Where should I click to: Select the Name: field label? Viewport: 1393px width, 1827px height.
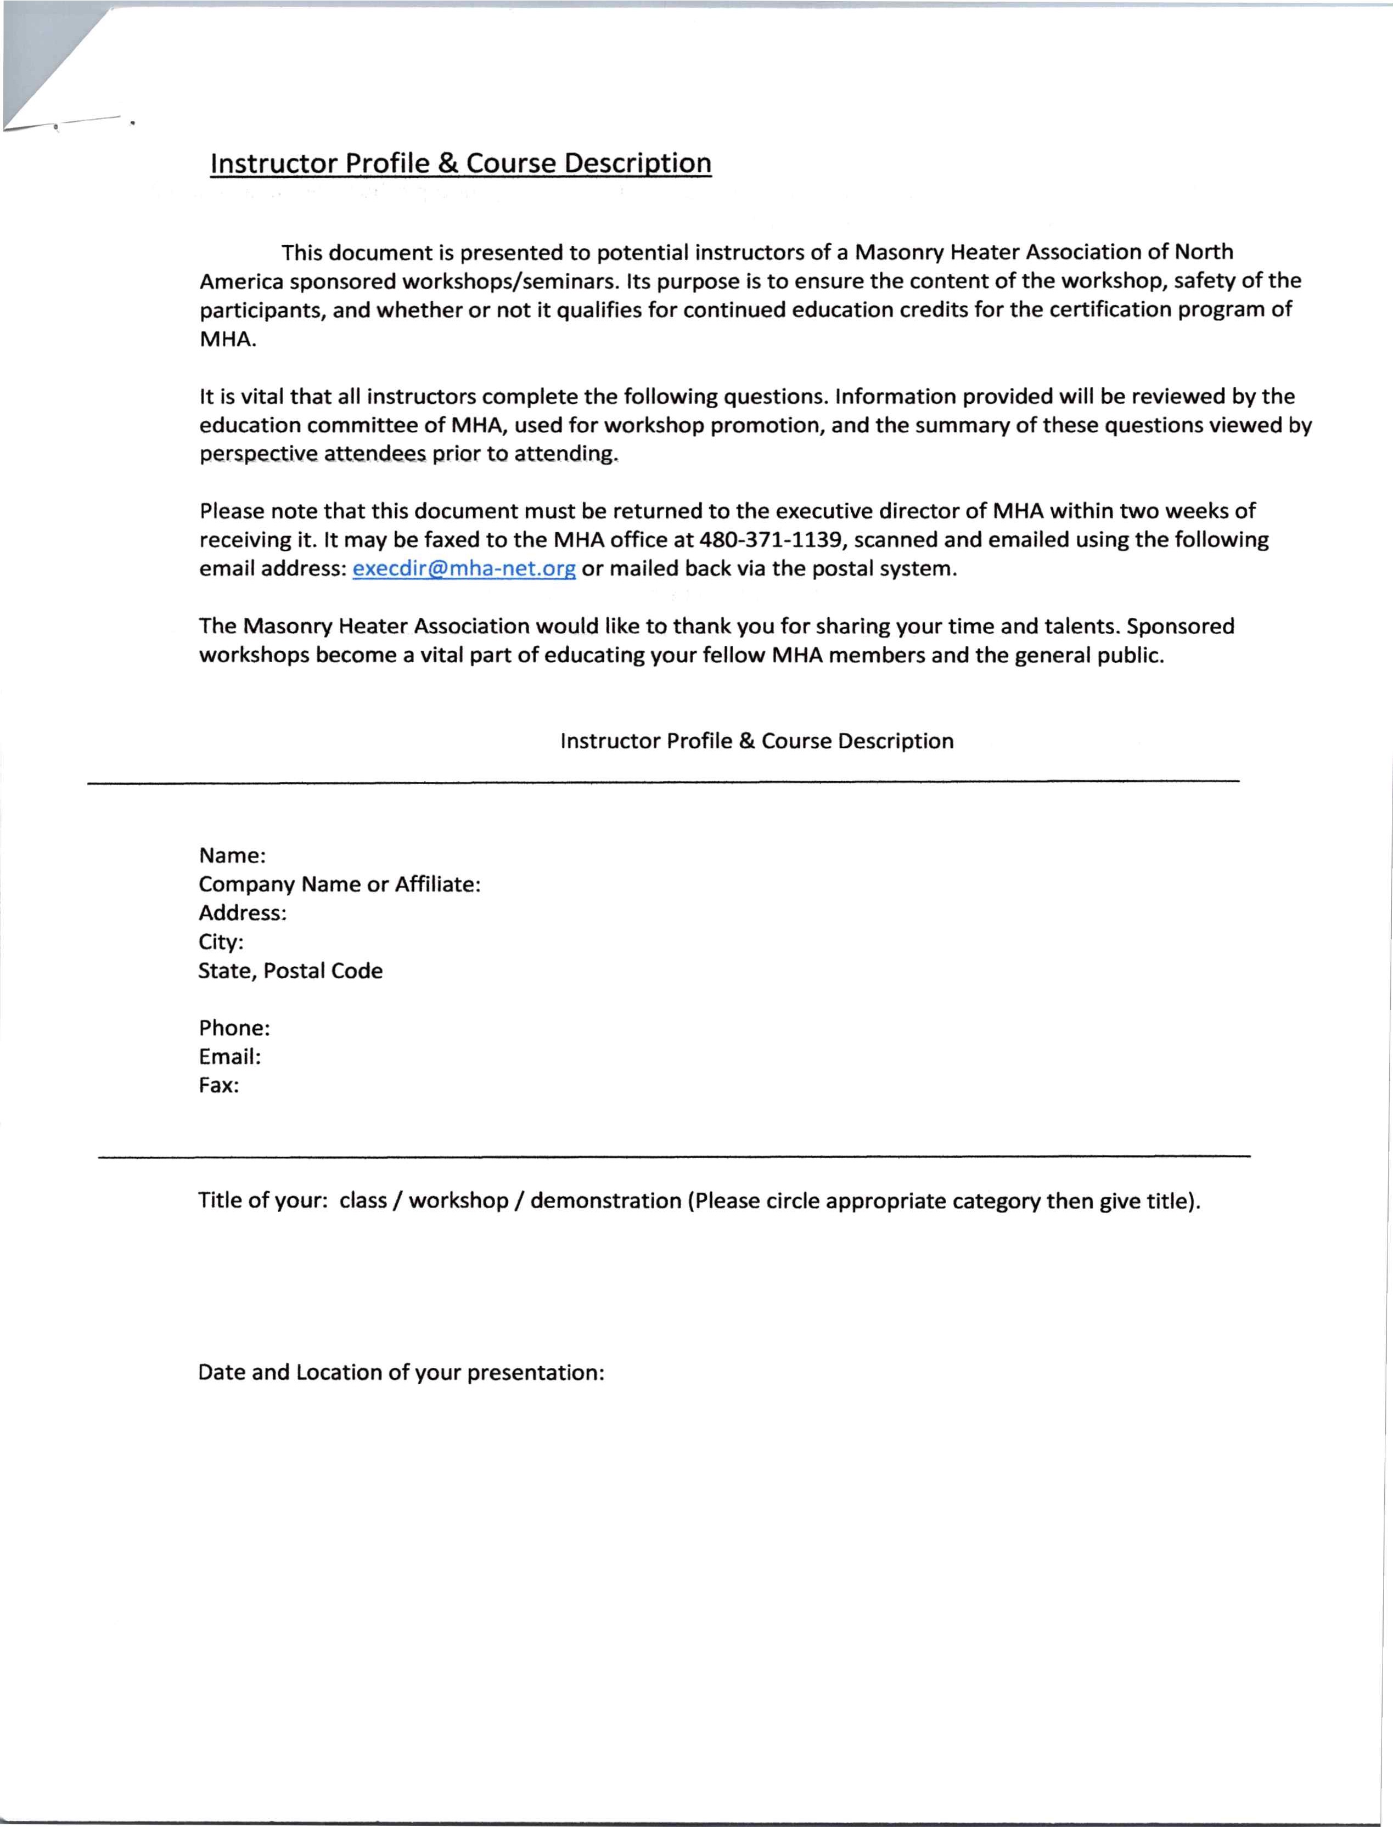tap(232, 855)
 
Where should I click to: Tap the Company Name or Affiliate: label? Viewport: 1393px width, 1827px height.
tap(339, 884)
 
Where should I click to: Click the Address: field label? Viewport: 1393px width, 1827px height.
tap(242, 912)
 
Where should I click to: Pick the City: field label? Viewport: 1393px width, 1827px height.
tap(221, 941)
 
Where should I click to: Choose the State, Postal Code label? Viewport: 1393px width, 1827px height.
tap(290, 971)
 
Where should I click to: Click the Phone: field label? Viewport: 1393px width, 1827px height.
tap(234, 1028)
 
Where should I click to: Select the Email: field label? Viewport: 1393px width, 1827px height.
tap(229, 1057)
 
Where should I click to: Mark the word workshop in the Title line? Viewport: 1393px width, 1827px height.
tap(458, 1200)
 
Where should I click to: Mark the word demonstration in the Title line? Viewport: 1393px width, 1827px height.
tap(605, 1200)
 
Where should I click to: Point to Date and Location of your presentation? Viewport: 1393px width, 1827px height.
tap(401, 1373)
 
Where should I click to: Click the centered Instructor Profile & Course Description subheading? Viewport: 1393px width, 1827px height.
tap(756, 741)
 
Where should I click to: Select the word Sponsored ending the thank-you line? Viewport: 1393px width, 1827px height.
tap(1180, 626)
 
